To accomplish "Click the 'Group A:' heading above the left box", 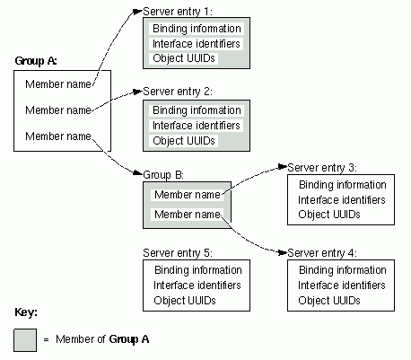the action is pyautogui.click(x=36, y=61).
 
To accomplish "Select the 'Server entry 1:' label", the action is pyautogui.click(x=178, y=12).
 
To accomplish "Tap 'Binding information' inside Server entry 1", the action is pyautogui.click(x=197, y=29).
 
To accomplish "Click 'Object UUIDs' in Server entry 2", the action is pyautogui.click(x=184, y=140).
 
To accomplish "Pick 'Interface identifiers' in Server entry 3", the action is pyautogui.click(x=341, y=199).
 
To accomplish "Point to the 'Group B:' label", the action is pyautogui.click(x=163, y=175).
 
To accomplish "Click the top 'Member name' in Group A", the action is pyautogui.click(x=58, y=84).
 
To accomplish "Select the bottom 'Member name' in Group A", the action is pyautogui.click(x=58, y=136).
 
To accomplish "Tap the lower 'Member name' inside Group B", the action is pyautogui.click(x=188, y=215).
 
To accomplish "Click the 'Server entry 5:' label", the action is pyautogui.click(x=178, y=253).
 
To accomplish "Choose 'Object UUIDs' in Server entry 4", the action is pyautogui.click(x=329, y=300).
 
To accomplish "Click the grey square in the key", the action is pyautogui.click(x=25, y=340).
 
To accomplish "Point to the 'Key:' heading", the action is pyautogui.click(x=26, y=312).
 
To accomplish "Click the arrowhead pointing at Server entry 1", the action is pyautogui.click(x=137, y=12).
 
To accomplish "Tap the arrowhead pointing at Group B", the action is pyautogui.click(x=137, y=173).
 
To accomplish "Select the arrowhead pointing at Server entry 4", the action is pyautogui.click(x=282, y=253).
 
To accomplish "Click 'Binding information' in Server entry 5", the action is pyautogui.click(x=198, y=270).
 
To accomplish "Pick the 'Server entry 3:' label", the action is pyautogui.click(x=322, y=168).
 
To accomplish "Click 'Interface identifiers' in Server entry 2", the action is pyautogui.click(x=197, y=126).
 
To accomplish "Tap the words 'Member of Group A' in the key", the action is pyautogui.click(x=102, y=339).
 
